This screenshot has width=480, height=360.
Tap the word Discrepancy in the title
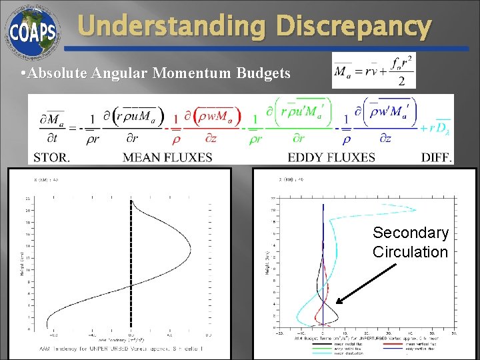(354, 27)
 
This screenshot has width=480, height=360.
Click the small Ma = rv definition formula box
(373, 71)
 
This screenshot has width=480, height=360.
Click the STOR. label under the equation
(51, 157)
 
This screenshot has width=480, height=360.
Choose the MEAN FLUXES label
(167, 157)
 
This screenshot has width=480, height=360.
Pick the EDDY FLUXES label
(331, 157)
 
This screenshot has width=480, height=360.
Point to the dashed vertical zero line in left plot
(131, 267)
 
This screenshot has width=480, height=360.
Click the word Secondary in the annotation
(410, 233)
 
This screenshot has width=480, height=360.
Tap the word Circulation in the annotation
(410, 252)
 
